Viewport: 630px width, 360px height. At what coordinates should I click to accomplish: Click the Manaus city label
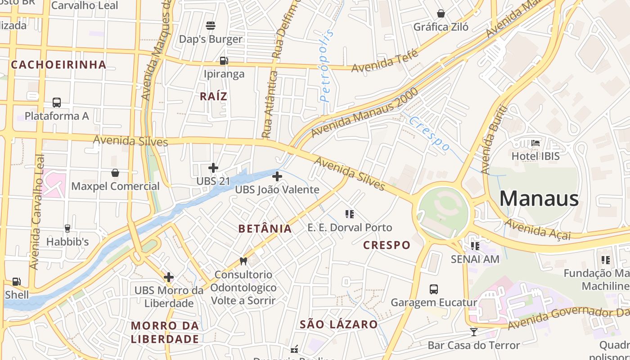[539, 198]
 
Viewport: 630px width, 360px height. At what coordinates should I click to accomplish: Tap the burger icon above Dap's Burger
[211, 25]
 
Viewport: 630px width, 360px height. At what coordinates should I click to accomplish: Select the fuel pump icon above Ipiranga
[224, 60]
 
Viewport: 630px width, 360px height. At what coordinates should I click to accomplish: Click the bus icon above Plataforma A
[57, 102]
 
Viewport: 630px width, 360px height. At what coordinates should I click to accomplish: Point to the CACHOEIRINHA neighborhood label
[58, 65]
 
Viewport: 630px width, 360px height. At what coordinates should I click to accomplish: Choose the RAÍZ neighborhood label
[213, 96]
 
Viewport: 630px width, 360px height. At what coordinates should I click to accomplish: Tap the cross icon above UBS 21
[213, 168]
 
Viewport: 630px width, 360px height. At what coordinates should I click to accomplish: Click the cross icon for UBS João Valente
[277, 176]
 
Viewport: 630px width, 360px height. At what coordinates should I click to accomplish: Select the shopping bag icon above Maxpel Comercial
[115, 173]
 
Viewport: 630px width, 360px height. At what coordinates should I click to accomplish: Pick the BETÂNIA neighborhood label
[265, 229]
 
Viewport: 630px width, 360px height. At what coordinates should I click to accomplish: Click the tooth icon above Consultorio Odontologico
[243, 261]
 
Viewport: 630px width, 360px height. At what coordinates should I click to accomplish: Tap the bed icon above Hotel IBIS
[535, 143]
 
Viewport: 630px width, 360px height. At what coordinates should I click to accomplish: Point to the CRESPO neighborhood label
[387, 245]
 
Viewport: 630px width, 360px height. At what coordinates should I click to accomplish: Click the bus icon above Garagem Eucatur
[434, 289]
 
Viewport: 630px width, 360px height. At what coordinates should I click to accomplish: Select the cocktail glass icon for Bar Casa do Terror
[473, 332]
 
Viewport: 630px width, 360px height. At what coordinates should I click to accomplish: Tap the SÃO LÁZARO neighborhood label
[339, 324]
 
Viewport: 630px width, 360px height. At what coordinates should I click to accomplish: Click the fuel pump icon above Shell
[17, 282]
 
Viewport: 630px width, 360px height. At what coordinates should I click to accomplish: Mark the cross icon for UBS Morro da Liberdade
[169, 277]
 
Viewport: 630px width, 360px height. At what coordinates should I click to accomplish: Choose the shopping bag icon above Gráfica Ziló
[441, 13]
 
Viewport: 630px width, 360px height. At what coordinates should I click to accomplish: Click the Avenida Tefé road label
[385, 62]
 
